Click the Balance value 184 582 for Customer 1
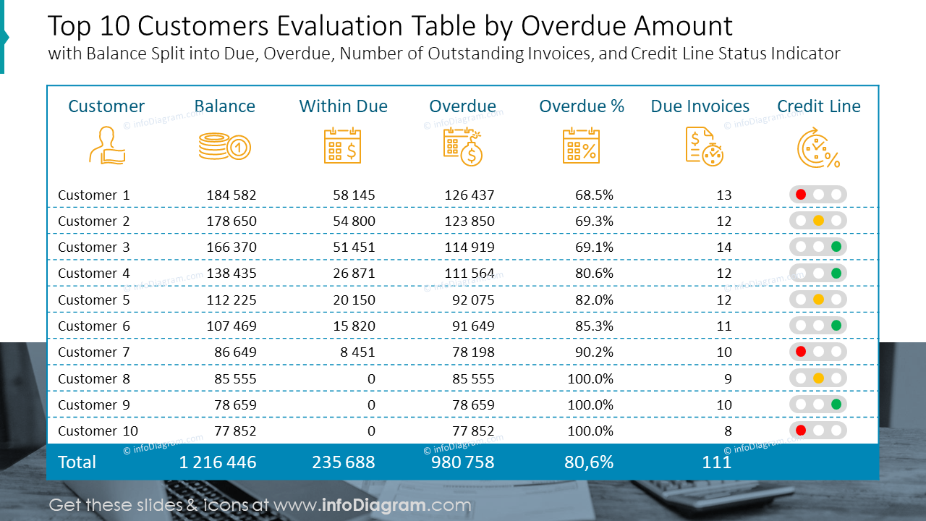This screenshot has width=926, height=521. (231, 195)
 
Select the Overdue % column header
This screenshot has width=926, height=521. (582, 106)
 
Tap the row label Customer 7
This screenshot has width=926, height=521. (94, 352)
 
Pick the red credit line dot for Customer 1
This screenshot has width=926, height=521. (801, 195)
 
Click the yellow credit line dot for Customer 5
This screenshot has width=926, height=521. (818, 300)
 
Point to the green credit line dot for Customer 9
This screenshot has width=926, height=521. (836, 404)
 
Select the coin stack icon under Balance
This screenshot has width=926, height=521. (224, 147)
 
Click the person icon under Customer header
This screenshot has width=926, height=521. (106, 145)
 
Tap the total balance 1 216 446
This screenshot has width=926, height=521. (218, 462)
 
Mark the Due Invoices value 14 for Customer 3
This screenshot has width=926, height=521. (723, 247)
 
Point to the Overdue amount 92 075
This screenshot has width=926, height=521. (473, 300)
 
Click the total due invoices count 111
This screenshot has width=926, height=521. (717, 462)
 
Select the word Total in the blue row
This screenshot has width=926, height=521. (77, 462)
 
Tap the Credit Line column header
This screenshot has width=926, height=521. (819, 106)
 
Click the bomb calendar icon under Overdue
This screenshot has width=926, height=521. (463, 147)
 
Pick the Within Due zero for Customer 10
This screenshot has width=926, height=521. (371, 431)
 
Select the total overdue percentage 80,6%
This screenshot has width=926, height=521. (589, 462)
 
